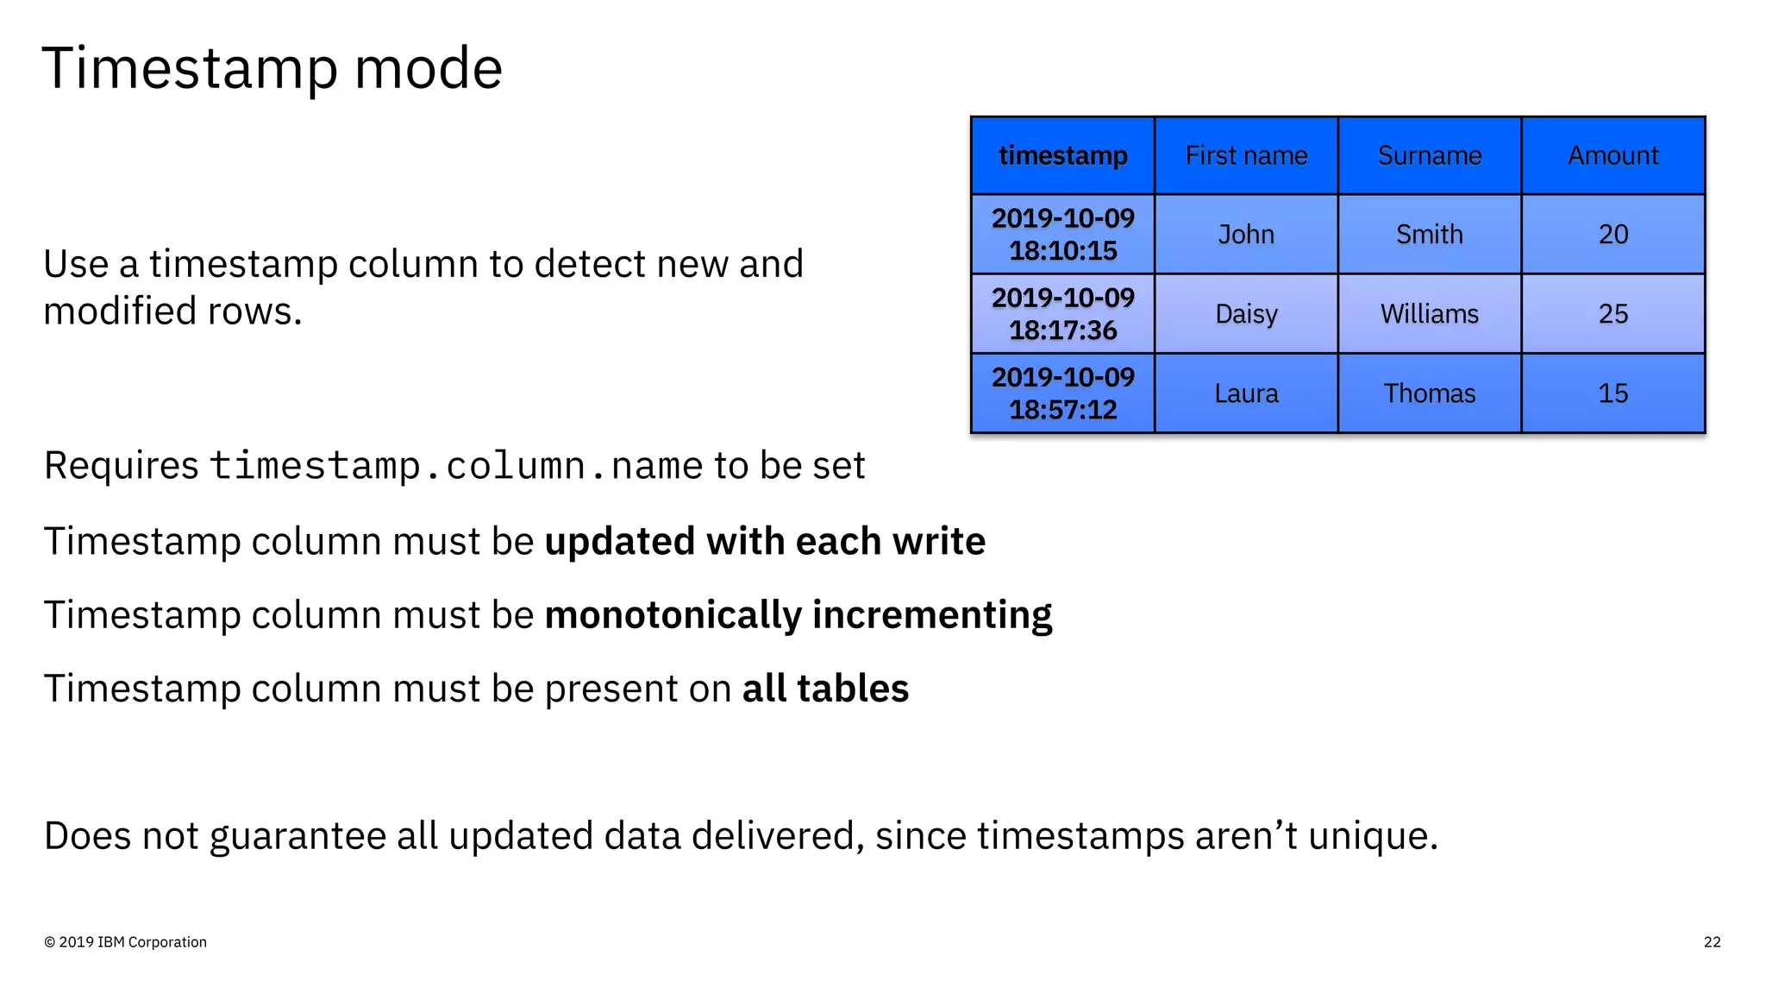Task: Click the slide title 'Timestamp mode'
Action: click(x=272, y=68)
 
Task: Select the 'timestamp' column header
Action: click(x=1062, y=155)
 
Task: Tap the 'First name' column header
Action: click(x=1246, y=155)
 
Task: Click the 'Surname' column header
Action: click(x=1429, y=155)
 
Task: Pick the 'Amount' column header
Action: click(x=1613, y=155)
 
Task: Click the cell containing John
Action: click(x=1246, y=234)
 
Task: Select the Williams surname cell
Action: click(x=1429, y=314)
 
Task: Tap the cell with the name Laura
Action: click(x=1246, y=393)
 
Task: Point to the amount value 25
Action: click(x=1613, y=314)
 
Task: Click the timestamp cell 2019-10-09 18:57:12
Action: click(x=1062, y=393)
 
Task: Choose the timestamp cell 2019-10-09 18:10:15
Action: click(x=1062, y=234)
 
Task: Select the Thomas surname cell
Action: click(x=1429, y=393)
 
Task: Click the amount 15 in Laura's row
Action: click(x=1613, y=393)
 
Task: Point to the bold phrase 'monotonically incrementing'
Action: click(x=798, y=615)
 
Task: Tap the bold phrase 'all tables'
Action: click(x=825, y=689)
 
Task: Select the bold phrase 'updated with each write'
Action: click(x=765, y=542)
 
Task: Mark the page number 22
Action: click(x=1712, y=942)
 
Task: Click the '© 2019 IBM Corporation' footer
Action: click(x=125, y=942)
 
